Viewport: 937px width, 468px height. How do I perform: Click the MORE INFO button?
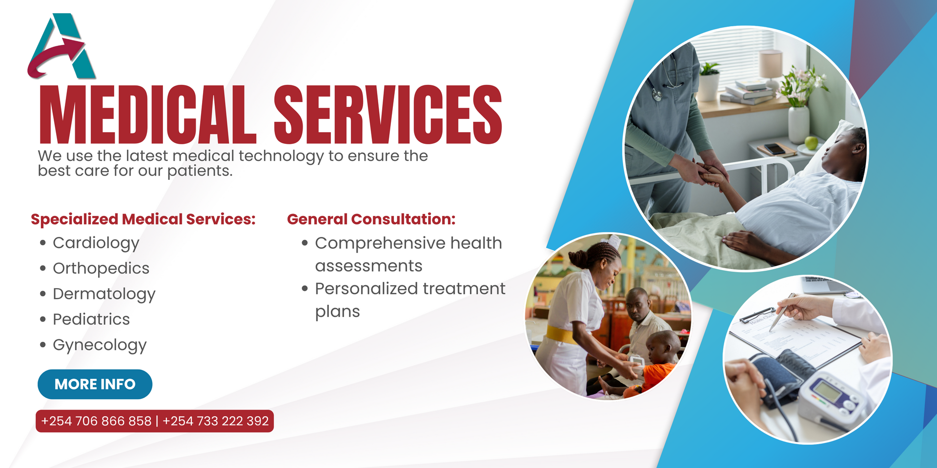[95, 384]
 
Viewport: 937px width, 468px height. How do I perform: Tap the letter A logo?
[62, 46]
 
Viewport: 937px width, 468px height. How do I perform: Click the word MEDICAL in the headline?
[147, 115]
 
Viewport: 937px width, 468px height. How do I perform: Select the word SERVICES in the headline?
[388, 115]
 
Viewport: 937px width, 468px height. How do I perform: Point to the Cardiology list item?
[96, 243]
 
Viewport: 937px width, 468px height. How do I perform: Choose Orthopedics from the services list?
[101, 268]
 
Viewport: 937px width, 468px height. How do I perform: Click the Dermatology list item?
[104, 294]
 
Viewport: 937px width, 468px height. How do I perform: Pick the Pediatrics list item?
[91, 319]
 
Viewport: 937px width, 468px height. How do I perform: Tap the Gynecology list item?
[100, 345]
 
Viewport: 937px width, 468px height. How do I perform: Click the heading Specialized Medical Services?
[143, 219]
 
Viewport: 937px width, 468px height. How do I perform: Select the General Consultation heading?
[371, 219]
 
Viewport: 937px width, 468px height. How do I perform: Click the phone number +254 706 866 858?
[96, 421]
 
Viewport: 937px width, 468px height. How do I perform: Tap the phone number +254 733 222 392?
[215, 421]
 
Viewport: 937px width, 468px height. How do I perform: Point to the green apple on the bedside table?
[811, 143]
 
